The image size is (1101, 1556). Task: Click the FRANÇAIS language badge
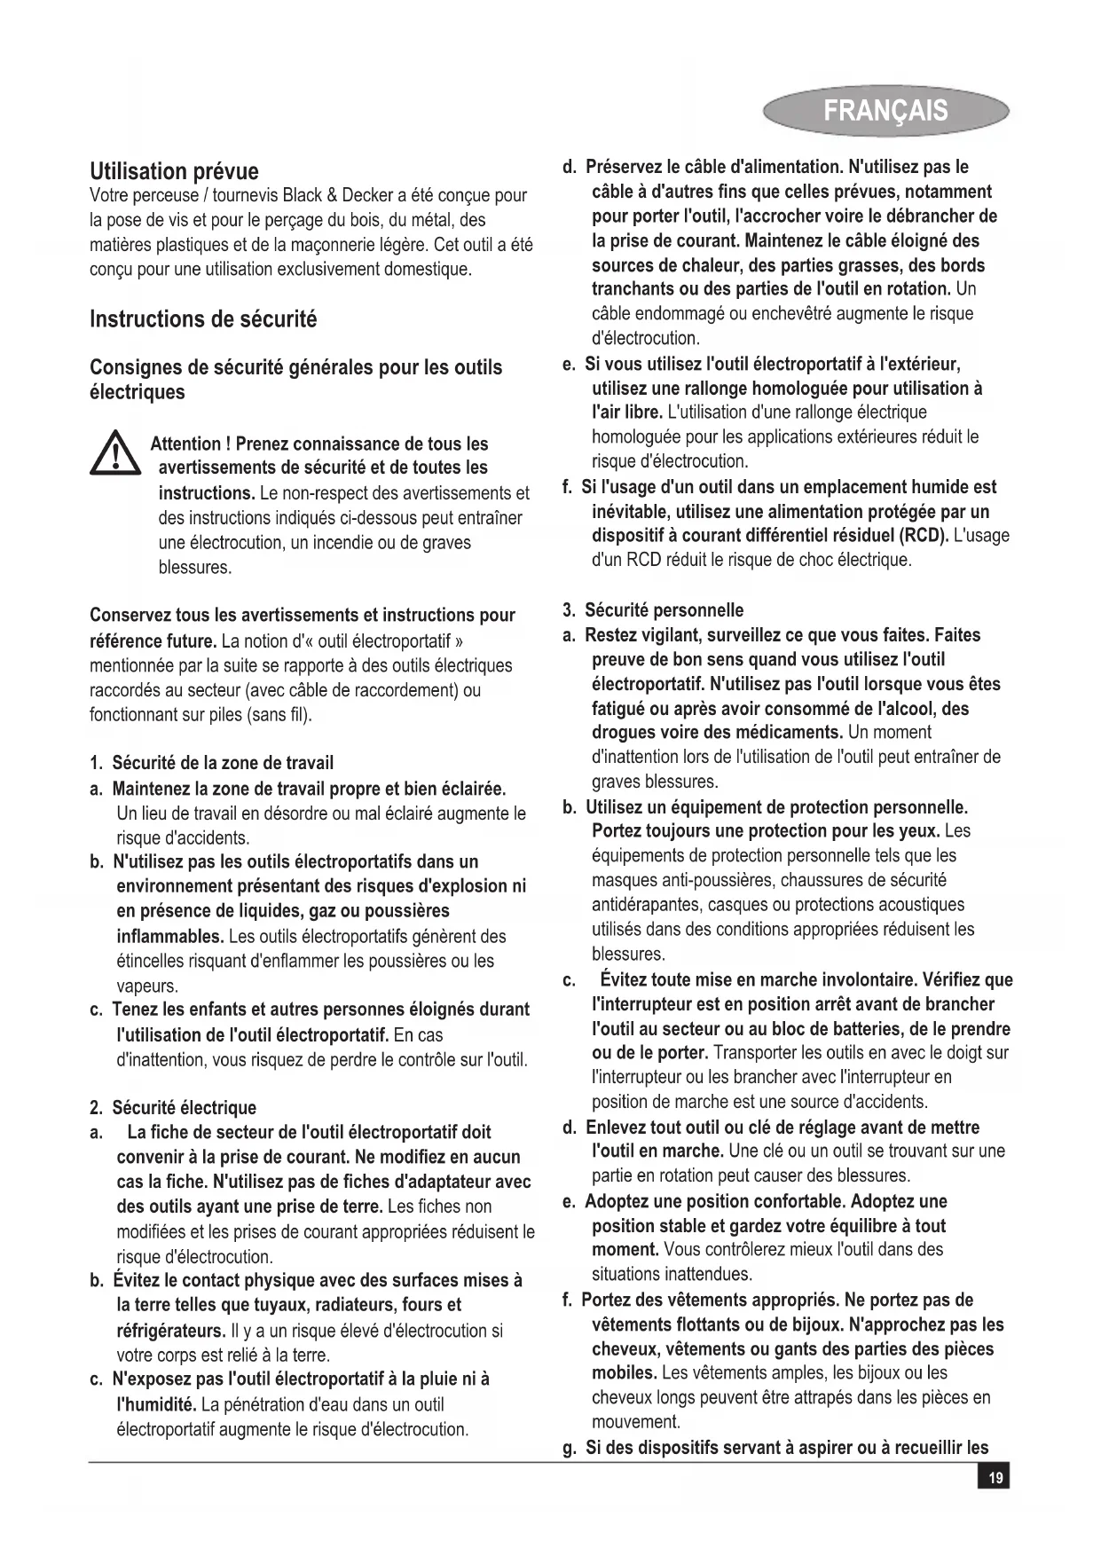tap(885, 110)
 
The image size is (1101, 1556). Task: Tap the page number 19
tap(995, 1478)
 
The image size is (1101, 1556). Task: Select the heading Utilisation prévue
tap(174, 171)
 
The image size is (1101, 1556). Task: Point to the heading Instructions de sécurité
tap(203, 319)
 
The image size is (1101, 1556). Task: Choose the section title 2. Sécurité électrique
tap(173, 1107)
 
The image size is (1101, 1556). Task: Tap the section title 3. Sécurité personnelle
tap(653, 610)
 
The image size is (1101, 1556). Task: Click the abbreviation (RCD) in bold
tap(923, 536)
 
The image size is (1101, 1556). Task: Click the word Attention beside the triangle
tap(185, 444)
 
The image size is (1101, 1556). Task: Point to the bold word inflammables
tap(170, 937)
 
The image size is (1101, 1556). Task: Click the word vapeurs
tap(147, 986)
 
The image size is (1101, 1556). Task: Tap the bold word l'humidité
tap(157, 1405)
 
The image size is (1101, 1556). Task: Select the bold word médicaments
tap(794, 733)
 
